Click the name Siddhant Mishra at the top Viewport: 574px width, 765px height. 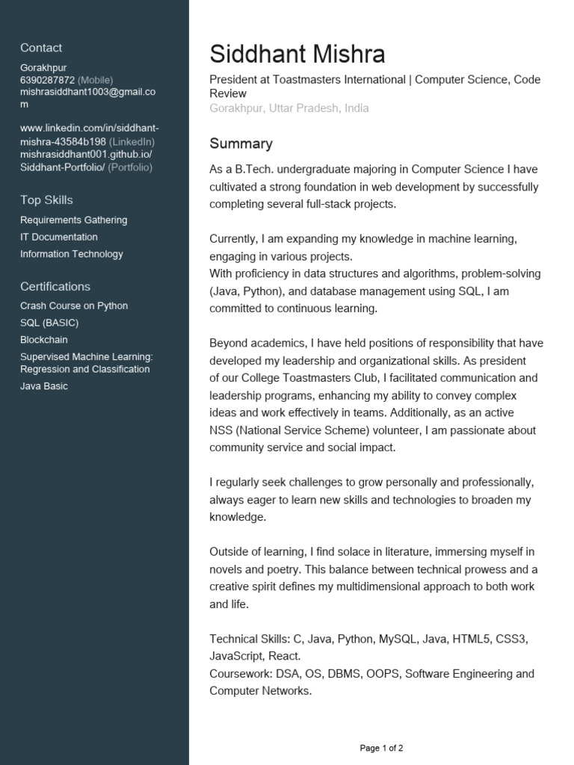pyautogui.click(x=297, y=54)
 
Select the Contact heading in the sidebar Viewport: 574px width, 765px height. pyautogui.click(x=41, y=48)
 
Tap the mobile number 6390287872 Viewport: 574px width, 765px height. pyautogui.click(x=47, y=80)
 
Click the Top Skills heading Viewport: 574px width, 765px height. pyautogui.click(x=46, y=199)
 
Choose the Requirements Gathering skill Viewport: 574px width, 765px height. pyautogui.click(x=73, y=220)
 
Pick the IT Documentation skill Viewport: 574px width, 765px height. pyautogui.click(x=59, y=237)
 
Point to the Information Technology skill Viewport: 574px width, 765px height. pyautogui.click(x=72, y=254)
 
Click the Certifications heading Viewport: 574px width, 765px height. pyautogui.click(x=55, y=286)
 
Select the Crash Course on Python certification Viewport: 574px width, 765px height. pyautogui.click(x=74, y=306)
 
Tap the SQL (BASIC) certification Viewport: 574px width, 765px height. pyautogui.click(x=49, y=323)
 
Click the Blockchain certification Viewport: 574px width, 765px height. pyautogui.click(x=44, y=340)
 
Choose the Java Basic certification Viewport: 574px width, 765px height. pyautogui.click(x=44, y=386)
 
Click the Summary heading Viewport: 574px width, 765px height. pyautogui.click(x=241, y=143)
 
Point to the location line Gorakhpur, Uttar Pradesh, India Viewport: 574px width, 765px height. pyautogui.click(x=288, y=108)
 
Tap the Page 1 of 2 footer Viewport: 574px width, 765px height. pyautogui.click(x=381, y=748)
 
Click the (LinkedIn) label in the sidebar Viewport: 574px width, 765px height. pyautogui.click(x=132, y=141)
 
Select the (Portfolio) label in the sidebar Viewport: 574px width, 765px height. pyautogui.click(x=130, y=167)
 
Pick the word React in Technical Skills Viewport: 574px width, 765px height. pyautogui.click(x=283, y=656)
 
